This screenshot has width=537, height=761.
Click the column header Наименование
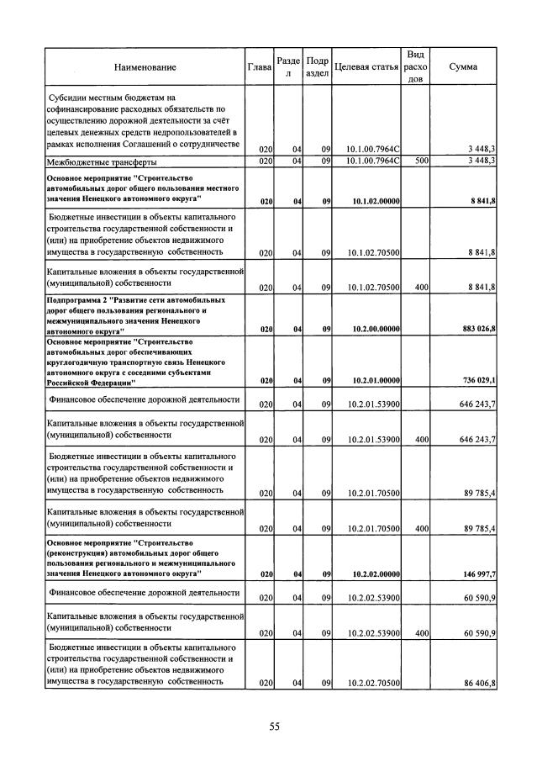tap(147, 66)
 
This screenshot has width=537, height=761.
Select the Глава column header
tap(259, 66)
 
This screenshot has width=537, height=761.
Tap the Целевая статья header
tap(366, 66)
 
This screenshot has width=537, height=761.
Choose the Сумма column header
tap(464, 66)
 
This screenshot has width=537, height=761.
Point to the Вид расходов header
tap(415, 66)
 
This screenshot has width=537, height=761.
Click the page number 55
tap(274, 727)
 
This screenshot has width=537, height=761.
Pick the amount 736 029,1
tap(476, 380)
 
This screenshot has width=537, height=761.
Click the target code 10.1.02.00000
tap(372, 202)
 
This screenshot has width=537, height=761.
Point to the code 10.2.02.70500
tap(372, 683)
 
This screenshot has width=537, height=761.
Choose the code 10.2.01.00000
tap(372, 380)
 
